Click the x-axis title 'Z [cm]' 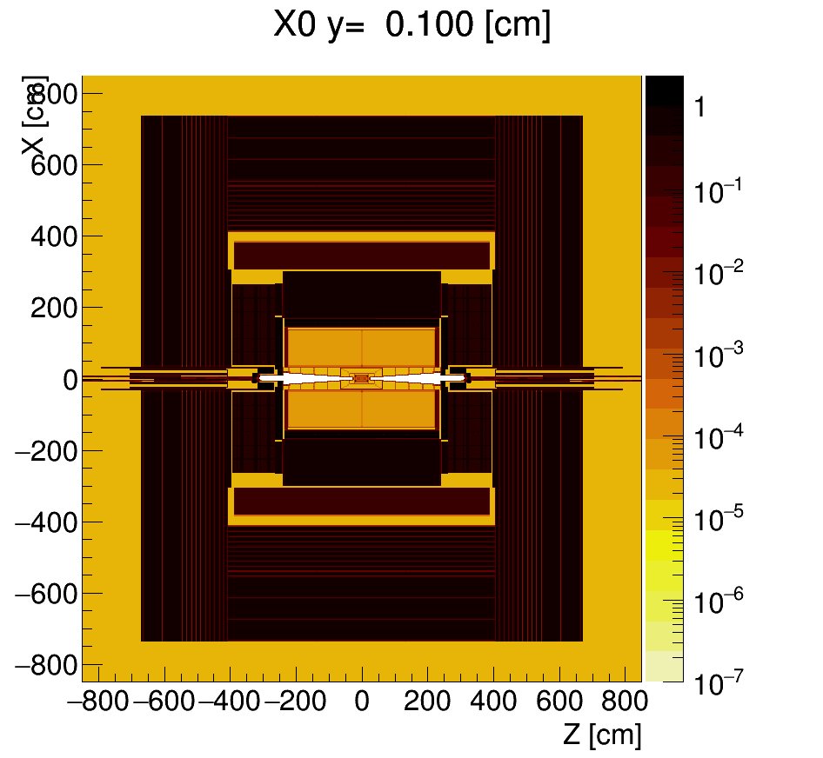point(601,735)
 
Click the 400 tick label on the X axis point(55,236)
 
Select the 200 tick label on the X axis point(55,308)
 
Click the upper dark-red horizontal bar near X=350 point(362,256)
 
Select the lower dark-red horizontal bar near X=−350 point(362,502)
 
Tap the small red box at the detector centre point(362,378)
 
